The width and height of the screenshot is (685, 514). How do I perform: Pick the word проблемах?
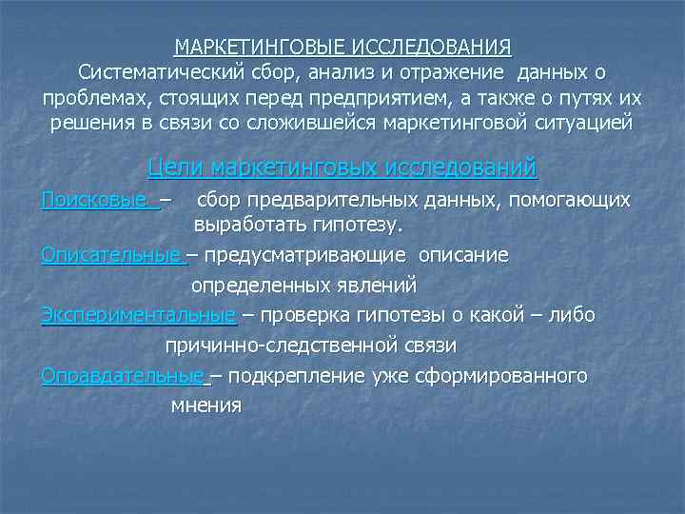coord(93,99)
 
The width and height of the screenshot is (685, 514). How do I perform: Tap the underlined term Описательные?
coord(111,256)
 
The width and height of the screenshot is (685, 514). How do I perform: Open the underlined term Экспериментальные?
coord(138,314)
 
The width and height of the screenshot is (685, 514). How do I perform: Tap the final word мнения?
coord(205,405)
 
